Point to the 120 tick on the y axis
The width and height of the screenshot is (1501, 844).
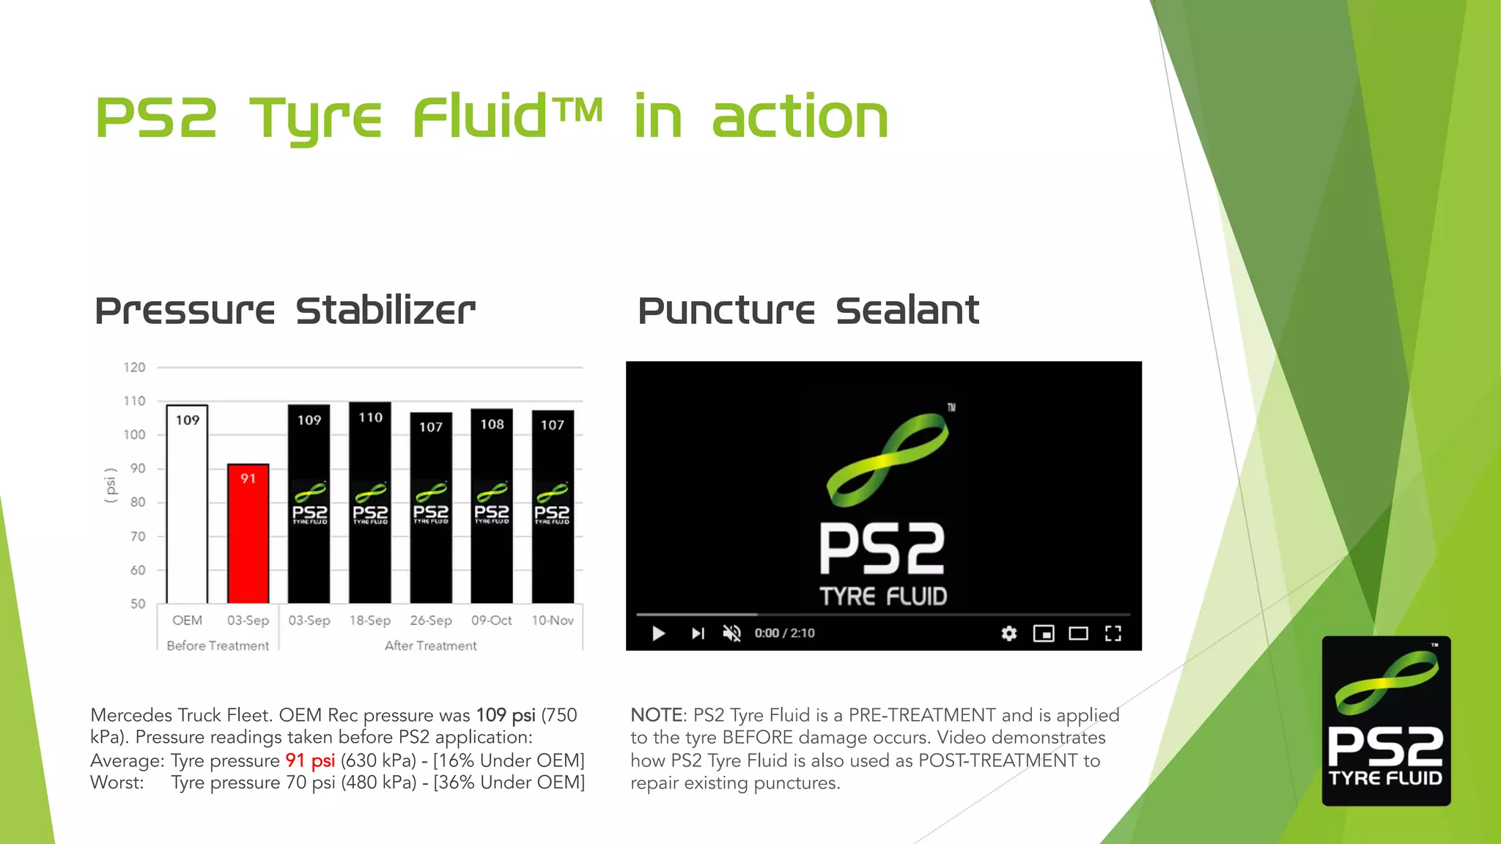pyautogui.click(x=134, y=367)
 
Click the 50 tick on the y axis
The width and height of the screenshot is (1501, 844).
pyautogui.click(x=138, y=604)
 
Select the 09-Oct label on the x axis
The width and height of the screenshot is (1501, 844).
pyautogui.click(x=491, y=621)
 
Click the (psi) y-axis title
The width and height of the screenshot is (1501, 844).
pyautogui.click(x=111, y=485)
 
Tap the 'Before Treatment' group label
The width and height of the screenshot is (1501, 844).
pyautogui.click(x=218, y=645)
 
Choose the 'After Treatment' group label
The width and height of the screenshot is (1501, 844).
pyautogui.click(x=430, y=645)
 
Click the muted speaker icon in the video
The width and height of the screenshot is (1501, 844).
pyautogui.click(x=731, y=633)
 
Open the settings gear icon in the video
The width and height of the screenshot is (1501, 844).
pyautogui.click(x=1009, y=633)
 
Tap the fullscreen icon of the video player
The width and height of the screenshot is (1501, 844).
pyautogui.click(x=1113, y=633)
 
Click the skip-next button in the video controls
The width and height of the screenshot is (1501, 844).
pyautogui.click(x=698, y=633)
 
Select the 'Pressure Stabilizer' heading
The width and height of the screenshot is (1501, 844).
pyautogui.click(x=285, y=311)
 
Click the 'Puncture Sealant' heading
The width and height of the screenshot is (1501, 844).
pyautogui.click(x=808, y=311)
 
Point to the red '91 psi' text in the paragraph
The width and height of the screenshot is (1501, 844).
pyautogui.click(x=310, y=760)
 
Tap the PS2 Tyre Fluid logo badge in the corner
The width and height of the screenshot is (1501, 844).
pyautogui.click(x=1386, y=721)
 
